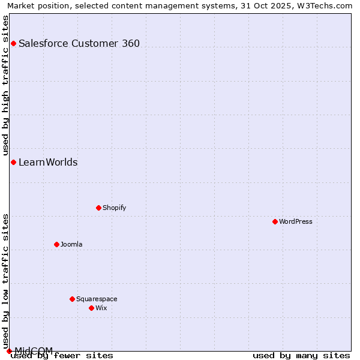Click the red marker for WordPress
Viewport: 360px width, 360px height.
[275, 221]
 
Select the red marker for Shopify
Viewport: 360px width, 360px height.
[99, 208]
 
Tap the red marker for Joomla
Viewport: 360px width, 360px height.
[57, 244]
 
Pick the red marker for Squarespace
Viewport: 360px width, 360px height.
[73, 299]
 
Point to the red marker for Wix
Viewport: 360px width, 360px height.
[92, 308]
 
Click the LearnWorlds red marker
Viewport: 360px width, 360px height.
[13, 162]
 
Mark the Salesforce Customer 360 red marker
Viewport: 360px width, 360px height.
[13, 43]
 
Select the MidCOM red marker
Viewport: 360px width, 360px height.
[9, 351]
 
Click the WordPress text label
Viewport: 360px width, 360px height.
[296, 221]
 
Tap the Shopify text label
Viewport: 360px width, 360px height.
[114, 208]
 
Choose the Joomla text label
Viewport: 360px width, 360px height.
[71, 244]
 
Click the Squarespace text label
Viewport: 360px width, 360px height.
[97, 299]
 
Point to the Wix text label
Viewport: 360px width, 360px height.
[101, 308]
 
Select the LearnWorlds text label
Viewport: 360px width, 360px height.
[48, 162]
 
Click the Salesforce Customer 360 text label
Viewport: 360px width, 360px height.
[79, 43]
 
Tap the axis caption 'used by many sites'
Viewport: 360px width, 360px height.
[301, 356]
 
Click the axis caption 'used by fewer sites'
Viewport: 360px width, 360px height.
[62, 356]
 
